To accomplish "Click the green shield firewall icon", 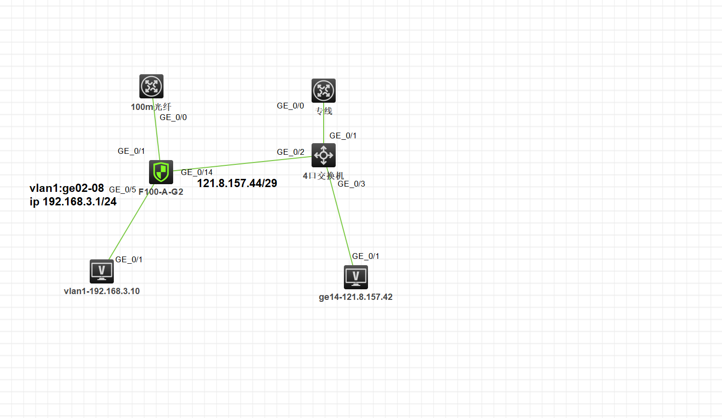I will point(161,172).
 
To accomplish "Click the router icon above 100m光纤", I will point(151,86).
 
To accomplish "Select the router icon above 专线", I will point(324,91).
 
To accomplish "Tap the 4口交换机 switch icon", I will point(324,155).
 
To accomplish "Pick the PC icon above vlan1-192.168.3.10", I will point(102,271).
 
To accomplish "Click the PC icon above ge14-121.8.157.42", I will point(356,277).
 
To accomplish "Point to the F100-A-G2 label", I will point(161,192).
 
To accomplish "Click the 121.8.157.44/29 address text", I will point(237,183).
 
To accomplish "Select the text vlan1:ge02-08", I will point(67,188).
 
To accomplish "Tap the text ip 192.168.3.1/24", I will point(73,202).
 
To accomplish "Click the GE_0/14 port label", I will point(197,172).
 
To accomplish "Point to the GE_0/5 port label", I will point(123,189).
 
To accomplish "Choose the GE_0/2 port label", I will point(290,152).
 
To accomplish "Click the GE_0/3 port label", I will point(351,184).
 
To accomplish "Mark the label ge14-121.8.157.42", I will point(355,297).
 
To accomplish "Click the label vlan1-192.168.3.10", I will point(102,291).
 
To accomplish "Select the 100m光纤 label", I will point(151,107).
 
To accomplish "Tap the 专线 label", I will point(324,111).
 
